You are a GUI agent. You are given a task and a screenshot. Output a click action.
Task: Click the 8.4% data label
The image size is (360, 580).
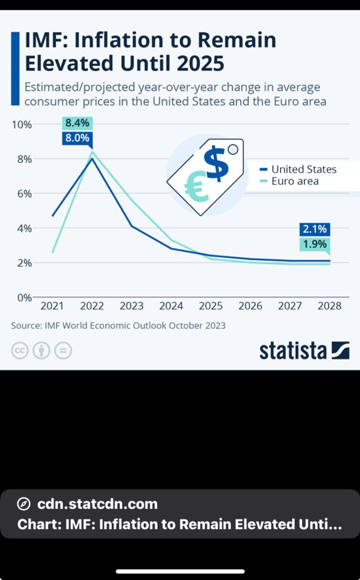point(77,123)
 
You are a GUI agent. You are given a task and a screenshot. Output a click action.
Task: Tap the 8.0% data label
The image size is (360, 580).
point(77,138)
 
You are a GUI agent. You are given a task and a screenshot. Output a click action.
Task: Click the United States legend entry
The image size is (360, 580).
point(304,169)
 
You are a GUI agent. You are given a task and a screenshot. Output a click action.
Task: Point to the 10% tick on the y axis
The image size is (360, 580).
point(21,125)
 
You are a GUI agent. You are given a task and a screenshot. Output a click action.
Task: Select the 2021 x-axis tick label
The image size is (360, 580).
point(52,306)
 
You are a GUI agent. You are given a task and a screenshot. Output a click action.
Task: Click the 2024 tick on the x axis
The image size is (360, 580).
point(171,306)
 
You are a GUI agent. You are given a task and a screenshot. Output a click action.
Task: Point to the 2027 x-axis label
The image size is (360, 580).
point(290,306)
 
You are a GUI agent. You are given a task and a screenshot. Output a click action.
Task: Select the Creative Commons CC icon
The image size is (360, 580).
point(19,351)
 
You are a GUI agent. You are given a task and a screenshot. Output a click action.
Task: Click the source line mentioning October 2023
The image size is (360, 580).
point(118,325)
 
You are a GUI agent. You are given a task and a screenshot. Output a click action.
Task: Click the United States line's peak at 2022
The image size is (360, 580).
point(92,158)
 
